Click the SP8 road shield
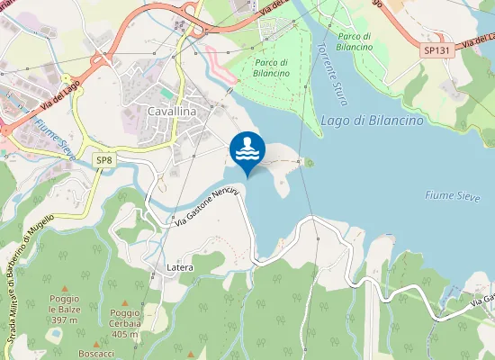coord(105,159)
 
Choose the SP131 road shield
coord(436,51)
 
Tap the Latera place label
coord(180,268)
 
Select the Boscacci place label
coord(95,354)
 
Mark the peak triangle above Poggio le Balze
coord(64,287)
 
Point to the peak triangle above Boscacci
coord(95,343)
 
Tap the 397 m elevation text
coord(65,319)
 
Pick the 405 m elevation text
coord(124,334)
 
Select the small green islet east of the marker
coord(309,163)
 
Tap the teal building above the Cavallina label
coord(166,91)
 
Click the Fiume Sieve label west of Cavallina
coord(57,140)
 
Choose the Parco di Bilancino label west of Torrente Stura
coord(272,67)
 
